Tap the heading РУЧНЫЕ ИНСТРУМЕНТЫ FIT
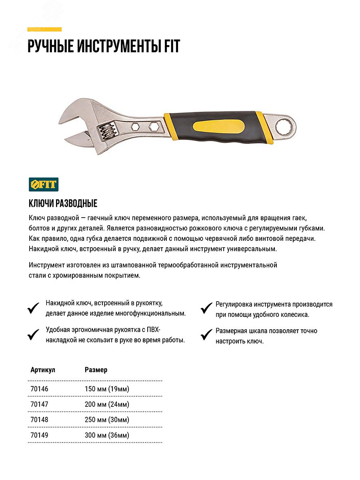[104, 46]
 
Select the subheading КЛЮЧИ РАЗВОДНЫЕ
[63, 204]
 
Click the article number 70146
[39, 389]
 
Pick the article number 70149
[39, 435]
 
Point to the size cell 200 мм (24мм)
[107, 404]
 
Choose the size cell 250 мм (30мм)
[107, 420]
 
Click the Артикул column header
[43, 370]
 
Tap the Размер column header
[96, 370]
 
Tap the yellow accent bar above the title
[44, 29]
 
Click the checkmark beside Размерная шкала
[206, 334]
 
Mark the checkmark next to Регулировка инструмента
[206, 308]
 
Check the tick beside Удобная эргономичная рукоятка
[33, 334]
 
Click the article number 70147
[39, 404]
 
